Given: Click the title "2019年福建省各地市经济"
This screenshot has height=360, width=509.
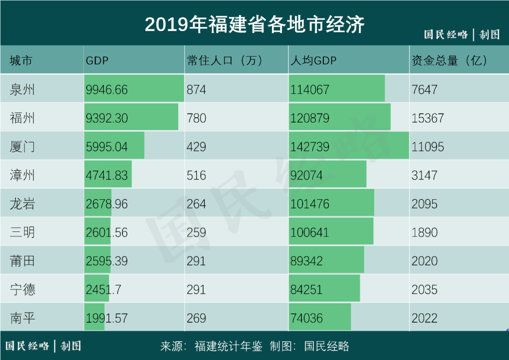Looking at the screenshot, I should tap(254, 25).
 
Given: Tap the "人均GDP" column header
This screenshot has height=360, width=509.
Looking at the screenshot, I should tap(313, 60).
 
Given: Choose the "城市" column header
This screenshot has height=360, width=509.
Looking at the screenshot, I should tap(21, 60).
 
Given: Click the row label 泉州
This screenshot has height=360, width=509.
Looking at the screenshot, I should tap(22, 90).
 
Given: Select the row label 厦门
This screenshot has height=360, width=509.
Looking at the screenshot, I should tap(22, 147).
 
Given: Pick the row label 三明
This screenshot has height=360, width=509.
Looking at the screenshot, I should tap(22, 232).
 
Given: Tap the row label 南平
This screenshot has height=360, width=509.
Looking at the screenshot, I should tap(22, 318).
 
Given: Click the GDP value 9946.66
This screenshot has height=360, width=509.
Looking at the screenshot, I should tap(107, 90).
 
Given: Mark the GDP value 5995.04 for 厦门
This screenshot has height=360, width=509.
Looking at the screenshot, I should tap(107, 147).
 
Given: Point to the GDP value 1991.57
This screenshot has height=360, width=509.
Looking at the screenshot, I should tap(107, 318).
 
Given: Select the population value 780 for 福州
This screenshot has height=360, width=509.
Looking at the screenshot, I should tap(197, 118).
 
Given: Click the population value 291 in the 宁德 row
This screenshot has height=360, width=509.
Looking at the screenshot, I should tap(197, 289).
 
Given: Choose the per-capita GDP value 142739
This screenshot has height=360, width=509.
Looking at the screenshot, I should tap(310, 147).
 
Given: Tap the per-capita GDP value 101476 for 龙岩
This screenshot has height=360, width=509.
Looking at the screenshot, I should tap(310, 204).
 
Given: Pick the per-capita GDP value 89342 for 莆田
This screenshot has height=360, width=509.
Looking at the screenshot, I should tap(306, 261).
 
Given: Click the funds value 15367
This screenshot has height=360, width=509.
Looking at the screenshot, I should tap(428, 118).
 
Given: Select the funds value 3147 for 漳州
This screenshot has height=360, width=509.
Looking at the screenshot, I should tap(425, 175).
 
